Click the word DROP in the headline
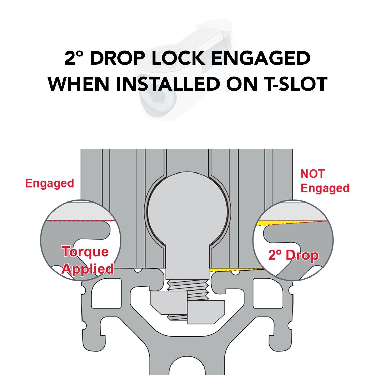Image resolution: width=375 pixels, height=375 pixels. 117,58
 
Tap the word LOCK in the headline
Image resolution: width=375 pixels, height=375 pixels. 178,58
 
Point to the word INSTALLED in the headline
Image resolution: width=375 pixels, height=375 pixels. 168,84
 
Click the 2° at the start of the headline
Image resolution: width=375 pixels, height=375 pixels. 74,58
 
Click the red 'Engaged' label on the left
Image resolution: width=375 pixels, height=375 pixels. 50,184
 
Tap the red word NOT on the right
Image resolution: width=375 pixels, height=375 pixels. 313,174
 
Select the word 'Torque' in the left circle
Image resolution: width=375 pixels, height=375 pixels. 85,252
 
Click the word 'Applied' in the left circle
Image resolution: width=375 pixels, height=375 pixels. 88,269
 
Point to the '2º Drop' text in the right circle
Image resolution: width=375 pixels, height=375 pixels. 294,255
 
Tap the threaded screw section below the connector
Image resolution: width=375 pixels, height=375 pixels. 188,290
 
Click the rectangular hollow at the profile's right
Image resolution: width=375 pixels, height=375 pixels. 268,293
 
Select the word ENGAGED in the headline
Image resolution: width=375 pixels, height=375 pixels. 261,58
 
